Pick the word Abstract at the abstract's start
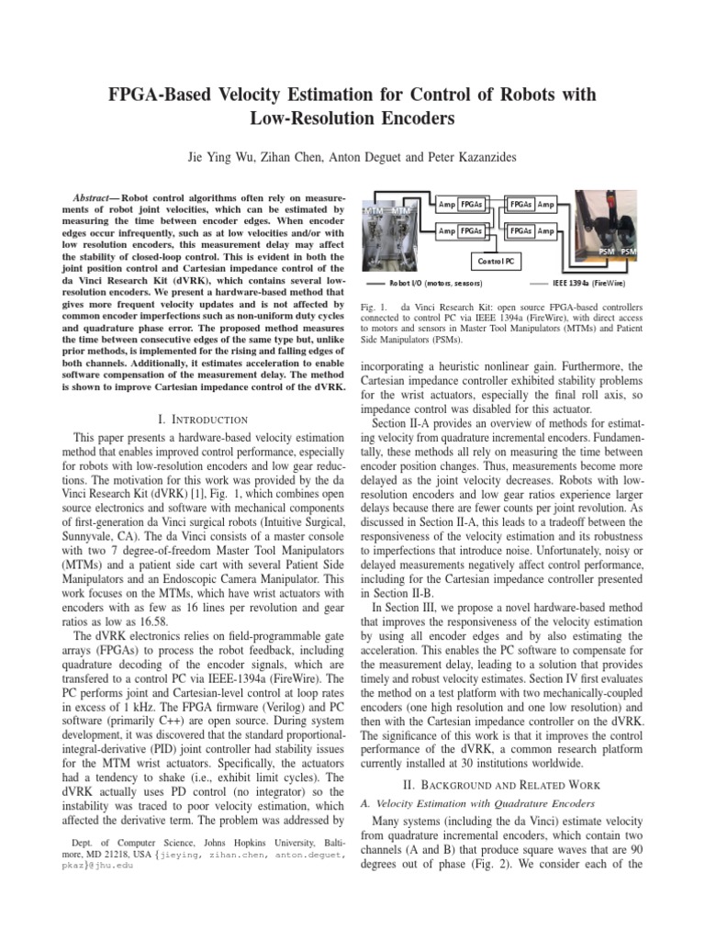(94, 197)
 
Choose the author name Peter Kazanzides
(473, 158)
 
